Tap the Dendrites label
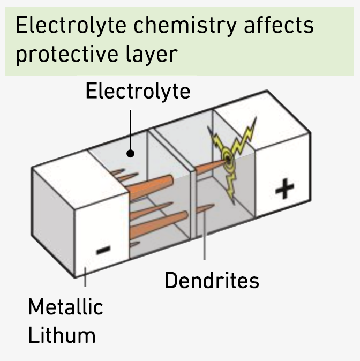212,280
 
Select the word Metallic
65,307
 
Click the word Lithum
62,335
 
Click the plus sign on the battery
284,189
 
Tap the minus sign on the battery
103,249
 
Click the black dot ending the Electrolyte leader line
130,154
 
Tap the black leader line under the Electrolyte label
130,129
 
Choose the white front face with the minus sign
102,236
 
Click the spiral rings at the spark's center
227,157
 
